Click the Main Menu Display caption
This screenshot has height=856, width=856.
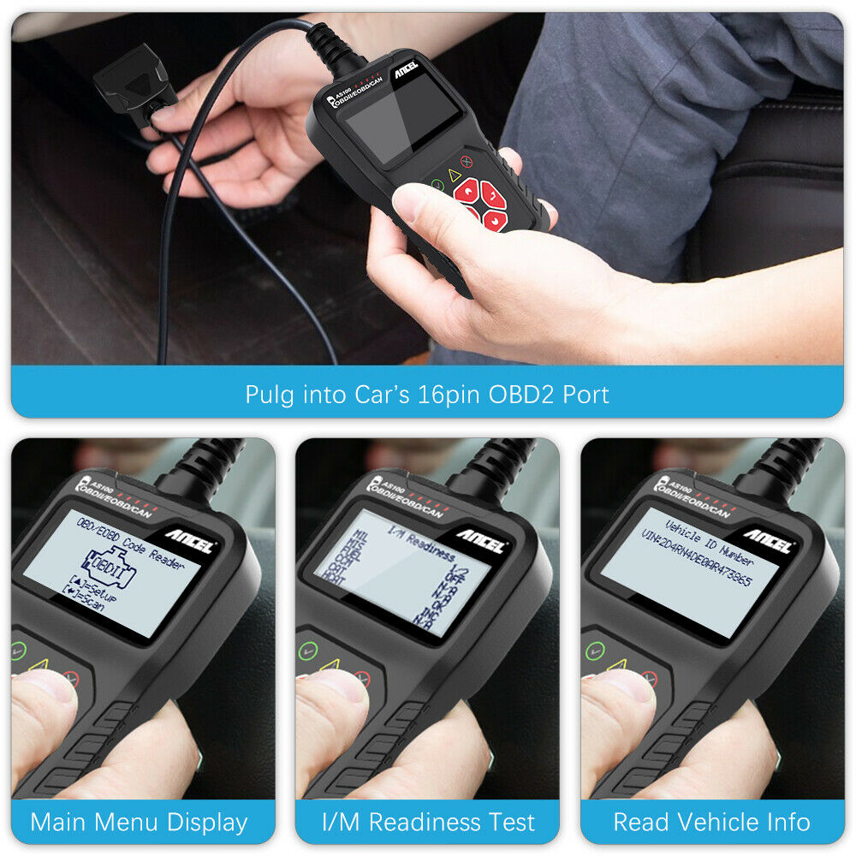(139, 823)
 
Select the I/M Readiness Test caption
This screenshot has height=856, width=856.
(428, 823)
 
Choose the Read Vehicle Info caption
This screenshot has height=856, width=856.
(711, 823)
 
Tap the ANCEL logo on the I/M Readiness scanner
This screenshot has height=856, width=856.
(481, 541)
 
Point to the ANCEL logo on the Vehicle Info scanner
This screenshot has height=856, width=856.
(767, 541)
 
